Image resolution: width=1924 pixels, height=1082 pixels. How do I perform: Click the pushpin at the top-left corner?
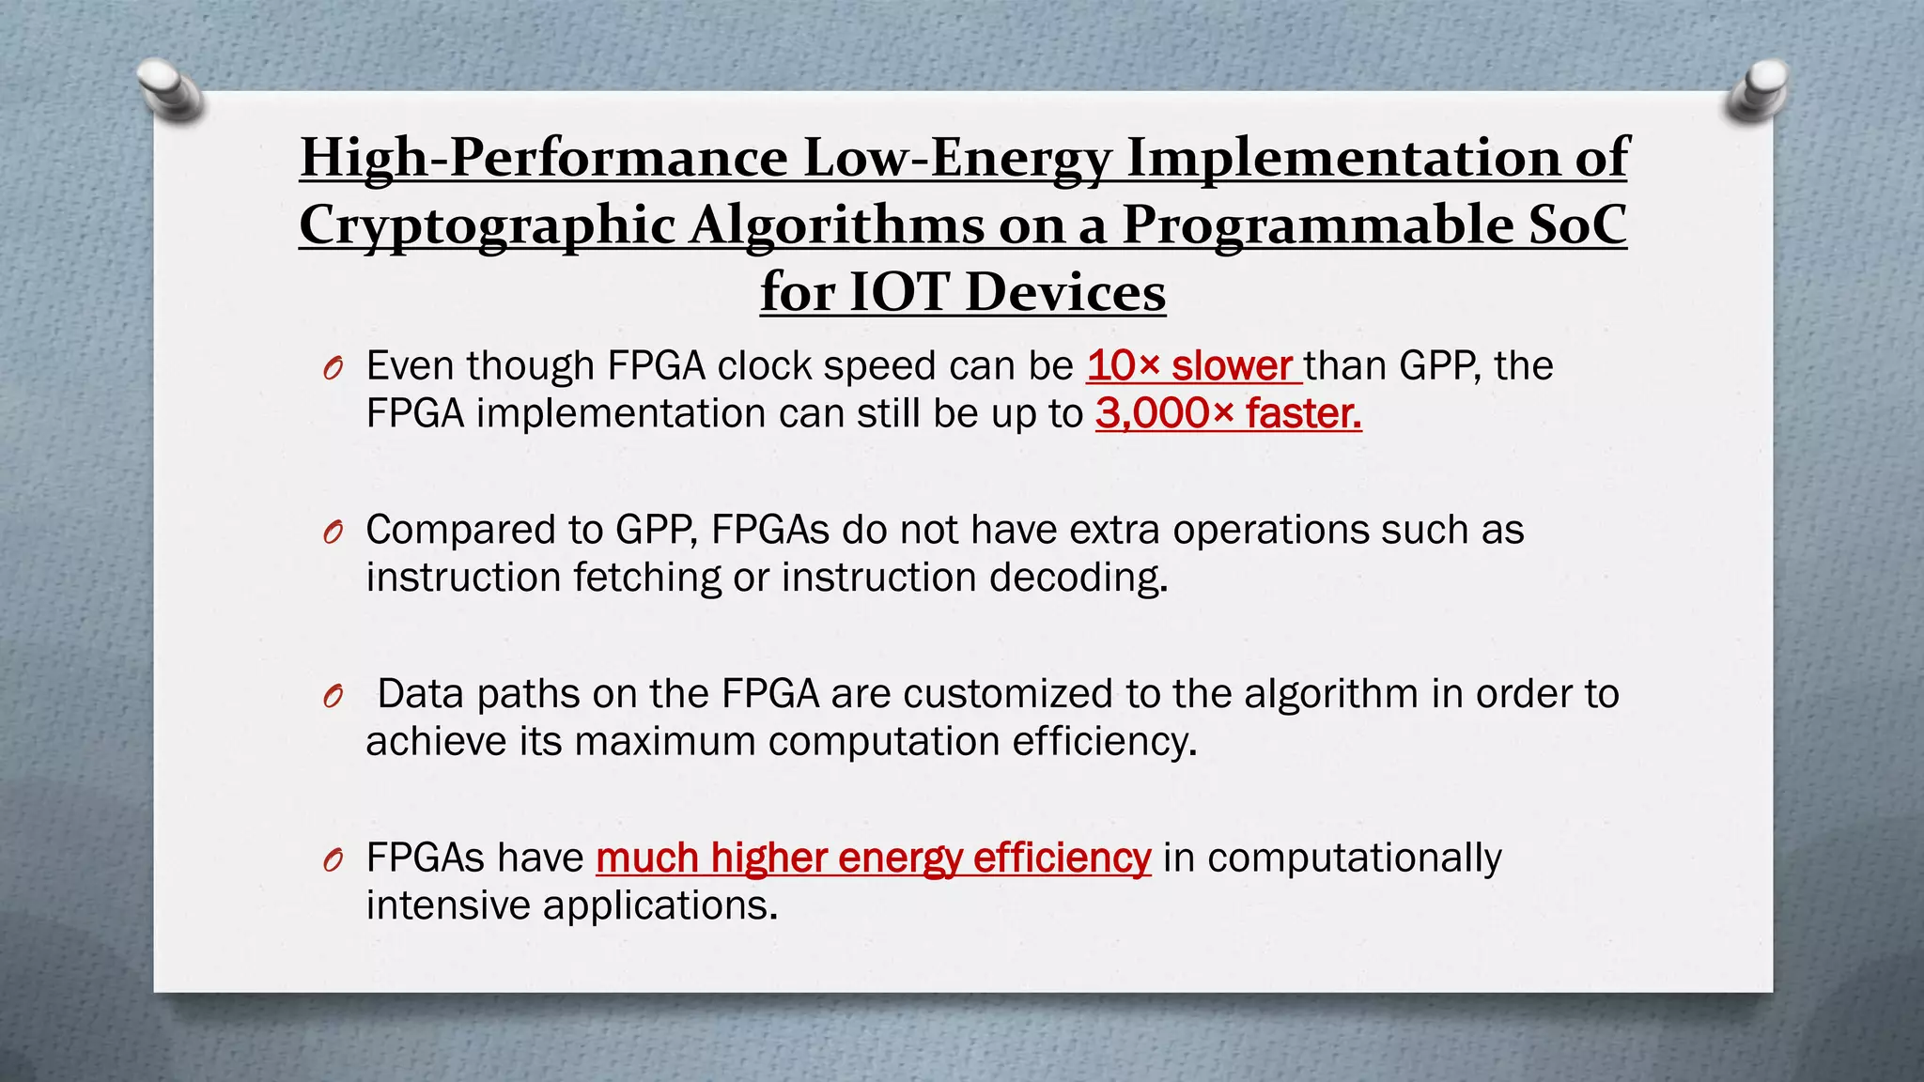click(x=170, y=91)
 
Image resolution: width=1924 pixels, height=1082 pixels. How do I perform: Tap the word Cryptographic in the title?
click(x=488, y=225)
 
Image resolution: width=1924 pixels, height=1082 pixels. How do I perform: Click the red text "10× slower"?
click(x=1190, y=365)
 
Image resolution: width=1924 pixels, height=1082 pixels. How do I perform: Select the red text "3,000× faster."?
click(x=1228, y=413)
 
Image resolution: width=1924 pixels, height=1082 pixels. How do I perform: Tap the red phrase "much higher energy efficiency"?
click(x=873, y=858)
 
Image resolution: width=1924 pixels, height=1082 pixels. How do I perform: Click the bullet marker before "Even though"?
click(x=332, y=368)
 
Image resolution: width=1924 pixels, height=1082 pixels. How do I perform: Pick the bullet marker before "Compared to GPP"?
click(x=332, y=533)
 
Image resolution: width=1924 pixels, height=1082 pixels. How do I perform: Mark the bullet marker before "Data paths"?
click(x=332, y=697)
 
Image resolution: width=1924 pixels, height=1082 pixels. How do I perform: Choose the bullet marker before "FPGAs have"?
click(x=332, y=860)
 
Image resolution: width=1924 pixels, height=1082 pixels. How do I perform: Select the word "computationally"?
click(x=1354, y=858)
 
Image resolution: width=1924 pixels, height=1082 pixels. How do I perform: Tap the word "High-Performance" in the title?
click(x=544, y=158)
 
